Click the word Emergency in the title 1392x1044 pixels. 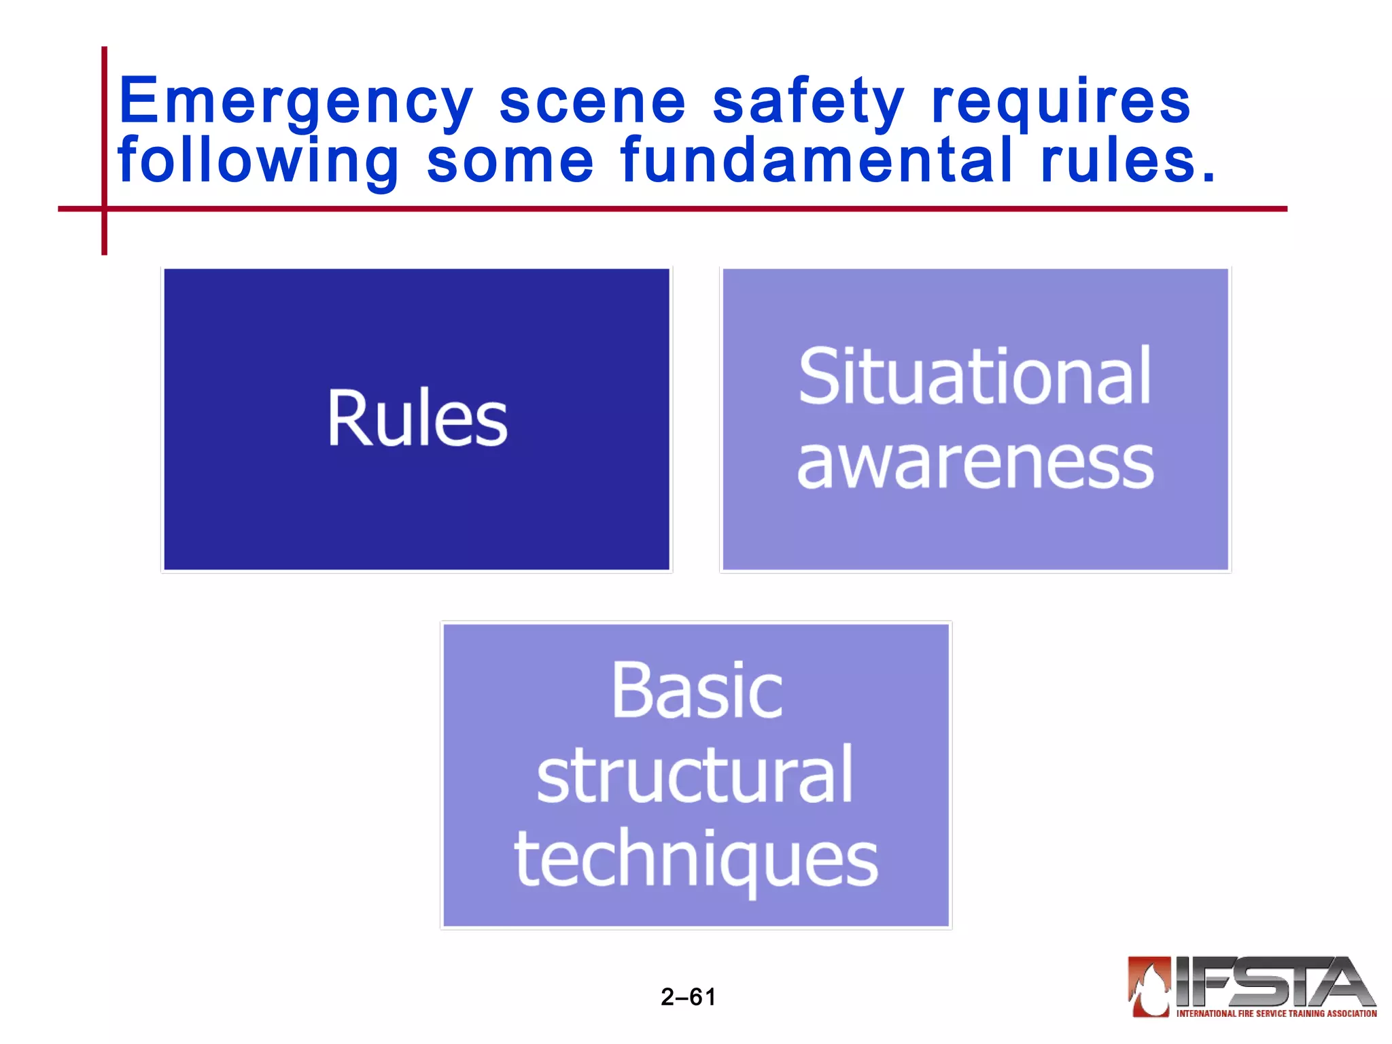(295, 102)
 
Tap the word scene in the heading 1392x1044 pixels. (593, 102)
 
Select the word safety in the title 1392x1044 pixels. (809, 102)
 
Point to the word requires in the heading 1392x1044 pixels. (1060, 102)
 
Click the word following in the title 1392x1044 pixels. (258, 161)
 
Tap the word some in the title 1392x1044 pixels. (510, 161)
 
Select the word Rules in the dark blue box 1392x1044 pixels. (417, 419)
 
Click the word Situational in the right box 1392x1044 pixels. (975, 376)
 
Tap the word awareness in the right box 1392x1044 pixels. (975, 464)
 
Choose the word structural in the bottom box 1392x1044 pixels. (695, 775)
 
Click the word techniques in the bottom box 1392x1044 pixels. (696, 860)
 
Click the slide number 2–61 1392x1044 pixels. (688, 997)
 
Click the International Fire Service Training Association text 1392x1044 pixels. (1276, 1013)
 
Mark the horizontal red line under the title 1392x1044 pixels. (680, 209)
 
